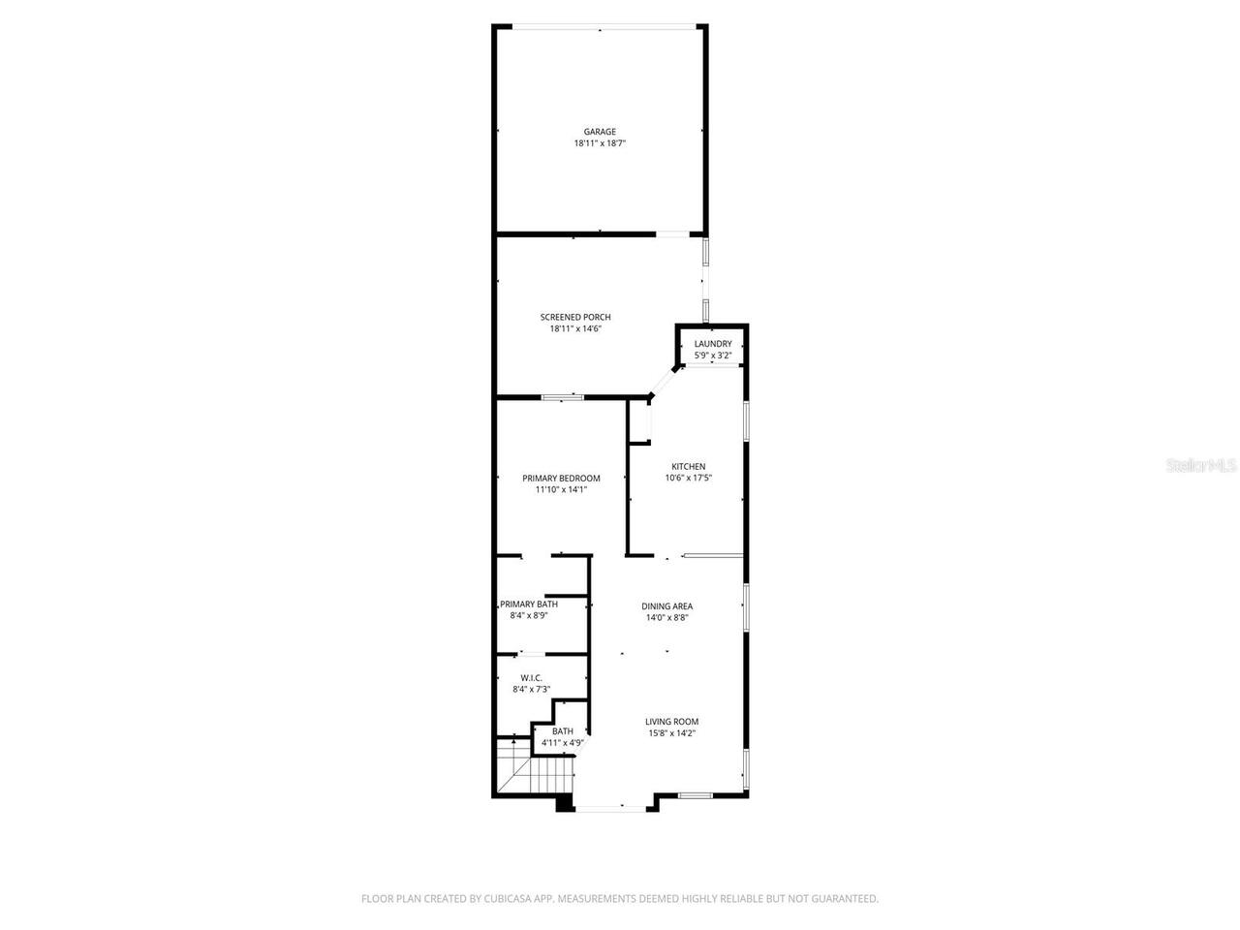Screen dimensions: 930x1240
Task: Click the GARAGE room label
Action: (x=600, y=132)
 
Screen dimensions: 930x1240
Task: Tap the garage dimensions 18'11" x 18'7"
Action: (x=600, y=143)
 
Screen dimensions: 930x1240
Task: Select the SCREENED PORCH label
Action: (x=575, y=317)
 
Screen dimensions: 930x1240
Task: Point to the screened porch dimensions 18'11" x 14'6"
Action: (x=575, y=328)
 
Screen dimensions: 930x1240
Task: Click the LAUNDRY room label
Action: (x=713, y=344)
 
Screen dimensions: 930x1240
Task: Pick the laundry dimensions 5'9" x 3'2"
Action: (x=713, y=356)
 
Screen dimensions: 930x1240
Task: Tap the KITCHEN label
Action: (x=689, y=466)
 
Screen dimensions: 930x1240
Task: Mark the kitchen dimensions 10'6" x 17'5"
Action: (x=689, y=478)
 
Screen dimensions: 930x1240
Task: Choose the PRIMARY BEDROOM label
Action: (x=561, y=478)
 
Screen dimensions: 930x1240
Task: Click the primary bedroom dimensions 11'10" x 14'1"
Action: (x=561, y=489)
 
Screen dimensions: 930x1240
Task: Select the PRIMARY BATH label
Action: (x=529, y=604)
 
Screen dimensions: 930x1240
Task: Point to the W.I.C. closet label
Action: (x=531, y=678)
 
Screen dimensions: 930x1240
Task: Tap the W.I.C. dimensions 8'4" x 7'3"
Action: (x=531, y=690)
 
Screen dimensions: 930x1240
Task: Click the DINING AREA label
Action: (x=667, y=606)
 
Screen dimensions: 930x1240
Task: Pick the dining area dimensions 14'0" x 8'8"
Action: (x=667, y=618)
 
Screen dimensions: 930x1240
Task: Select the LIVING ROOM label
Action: (x=672, y=721)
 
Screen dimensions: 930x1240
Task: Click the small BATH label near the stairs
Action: (x=563, y=731)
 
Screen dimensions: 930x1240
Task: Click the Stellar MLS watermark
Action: (x=1201, y=465)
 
